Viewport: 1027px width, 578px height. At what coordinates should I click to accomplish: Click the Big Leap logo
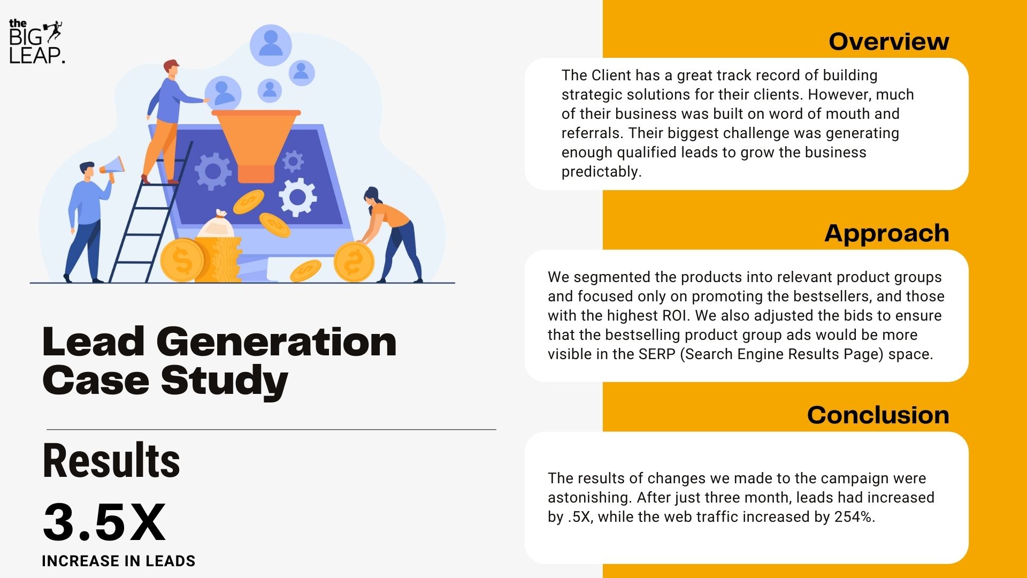[36, 42]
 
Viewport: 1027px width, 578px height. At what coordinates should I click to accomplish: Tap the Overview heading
[888, 41]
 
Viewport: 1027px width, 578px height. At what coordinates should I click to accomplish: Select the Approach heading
[886, 233]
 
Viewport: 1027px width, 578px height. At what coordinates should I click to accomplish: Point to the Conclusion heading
[878, 415]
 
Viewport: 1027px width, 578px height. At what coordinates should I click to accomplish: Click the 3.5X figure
[104, 522]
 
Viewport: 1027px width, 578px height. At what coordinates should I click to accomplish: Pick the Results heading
[111, 460]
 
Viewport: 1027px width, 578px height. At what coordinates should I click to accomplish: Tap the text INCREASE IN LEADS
[118, 561]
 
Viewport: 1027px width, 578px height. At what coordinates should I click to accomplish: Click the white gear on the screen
[297, 197]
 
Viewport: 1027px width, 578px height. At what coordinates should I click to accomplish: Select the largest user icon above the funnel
[271, 45]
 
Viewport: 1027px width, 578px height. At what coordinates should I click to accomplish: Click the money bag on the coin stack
[217, 225]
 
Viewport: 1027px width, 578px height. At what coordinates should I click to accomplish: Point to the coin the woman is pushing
[354, 262]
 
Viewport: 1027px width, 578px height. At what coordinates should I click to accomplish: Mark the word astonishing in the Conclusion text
[589, 498]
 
